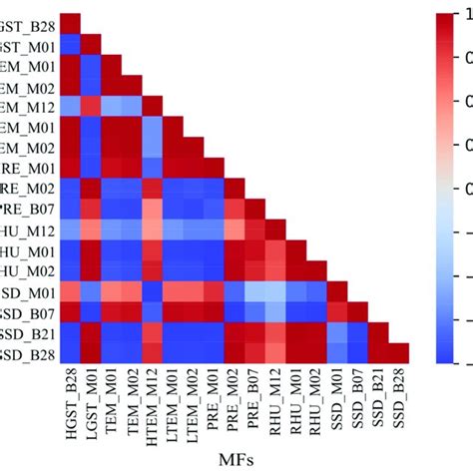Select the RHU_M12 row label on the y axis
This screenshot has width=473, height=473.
tap(27, 230)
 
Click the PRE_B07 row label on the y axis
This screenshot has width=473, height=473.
tap(29, 209)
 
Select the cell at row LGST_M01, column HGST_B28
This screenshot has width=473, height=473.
tap(71, 44)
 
